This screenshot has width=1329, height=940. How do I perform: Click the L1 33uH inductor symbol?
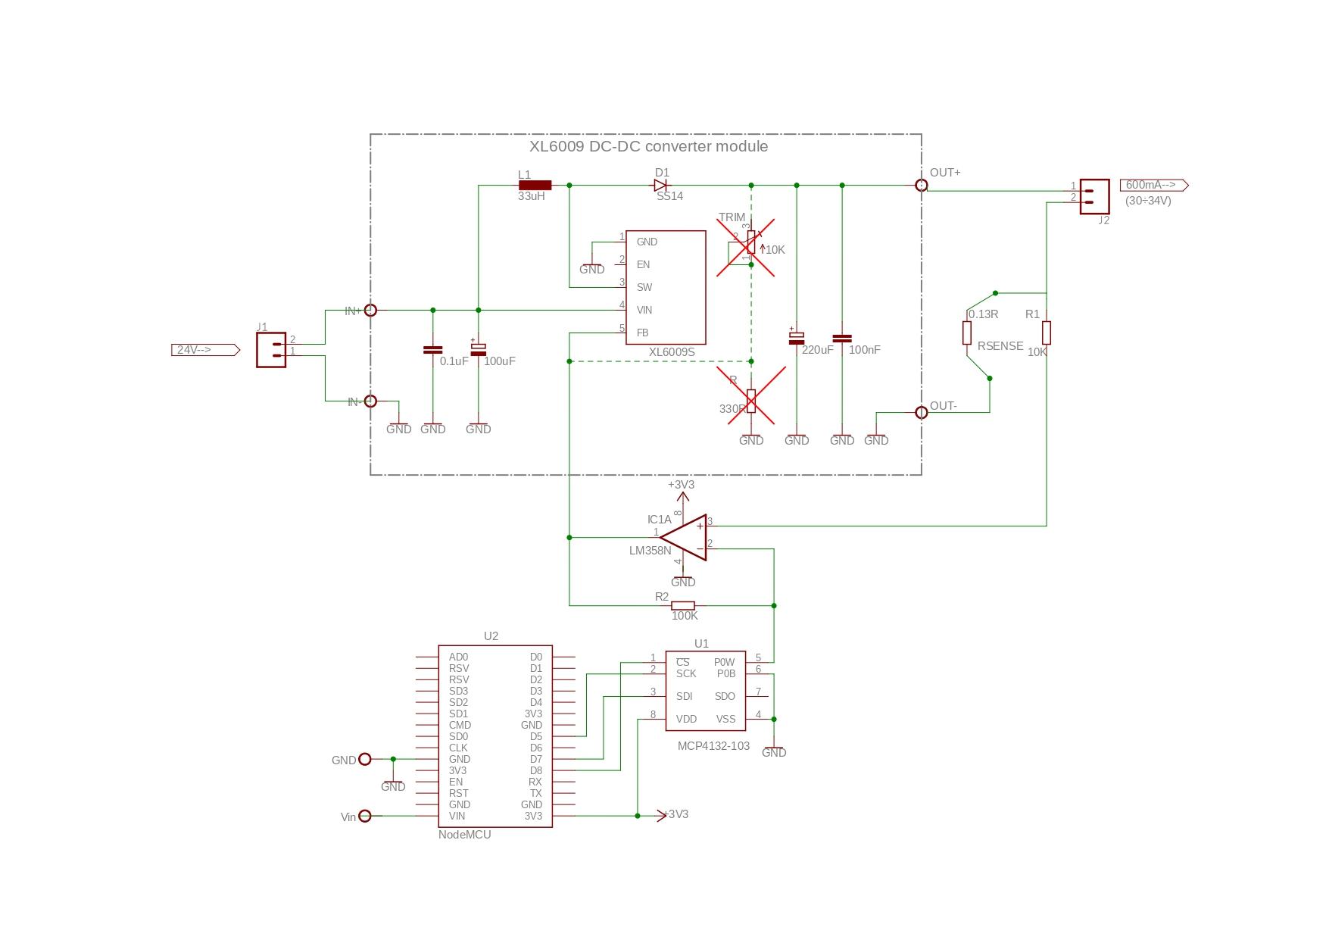(535, 185)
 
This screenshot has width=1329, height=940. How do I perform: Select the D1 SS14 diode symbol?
(661, 185)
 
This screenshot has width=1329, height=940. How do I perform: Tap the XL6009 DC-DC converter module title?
(648, 147)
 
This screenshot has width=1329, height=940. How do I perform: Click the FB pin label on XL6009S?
(642, 333)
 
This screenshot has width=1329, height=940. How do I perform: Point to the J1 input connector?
(271, 350)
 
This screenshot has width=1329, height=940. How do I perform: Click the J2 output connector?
(1094, 197)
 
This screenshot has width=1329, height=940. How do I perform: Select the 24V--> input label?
(204, 350)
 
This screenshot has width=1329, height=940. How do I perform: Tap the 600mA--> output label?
(1153, 185)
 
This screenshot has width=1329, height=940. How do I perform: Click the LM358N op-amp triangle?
(686, 538)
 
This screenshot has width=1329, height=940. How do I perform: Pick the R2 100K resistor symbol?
(683, 605)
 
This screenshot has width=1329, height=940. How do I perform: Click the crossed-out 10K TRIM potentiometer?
(750, 245)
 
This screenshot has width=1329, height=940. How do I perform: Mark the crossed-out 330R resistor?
(751, 399)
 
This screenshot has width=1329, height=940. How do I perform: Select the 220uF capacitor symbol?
(796, 339)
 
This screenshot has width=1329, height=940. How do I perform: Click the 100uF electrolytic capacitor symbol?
(478, 350)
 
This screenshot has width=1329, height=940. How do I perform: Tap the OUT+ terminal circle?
(921, 186)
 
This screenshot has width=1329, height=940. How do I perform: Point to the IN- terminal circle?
(370, 401)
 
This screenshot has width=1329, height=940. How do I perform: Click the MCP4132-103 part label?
(713, 746)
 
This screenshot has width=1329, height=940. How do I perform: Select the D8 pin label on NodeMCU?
(535, 770)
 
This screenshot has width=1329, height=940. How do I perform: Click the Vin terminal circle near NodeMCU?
(365, 816)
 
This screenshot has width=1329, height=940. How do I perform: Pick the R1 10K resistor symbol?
(1047, 333)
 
